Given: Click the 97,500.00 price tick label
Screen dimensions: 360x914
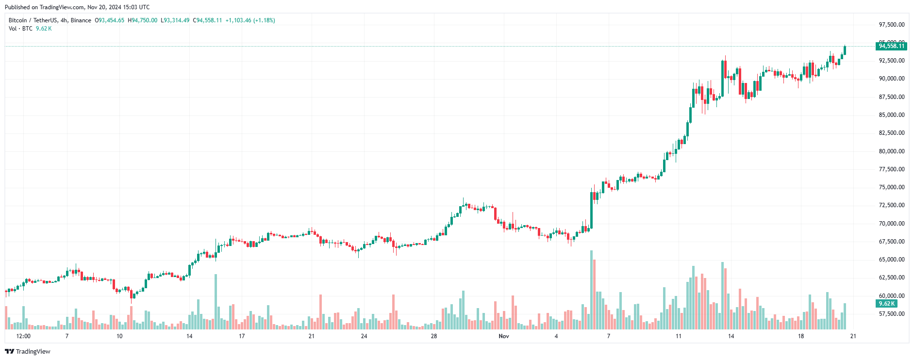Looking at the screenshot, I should [892, 25].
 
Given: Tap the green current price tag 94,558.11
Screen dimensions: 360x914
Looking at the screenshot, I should [892, 46].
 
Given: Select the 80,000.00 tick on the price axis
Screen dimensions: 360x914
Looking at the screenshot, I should [892, 151].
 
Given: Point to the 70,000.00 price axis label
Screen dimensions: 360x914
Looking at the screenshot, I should [892, 224].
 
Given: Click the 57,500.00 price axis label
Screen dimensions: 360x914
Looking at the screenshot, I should [892, 314].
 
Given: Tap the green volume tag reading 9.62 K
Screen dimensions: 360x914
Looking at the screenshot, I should [886, 304].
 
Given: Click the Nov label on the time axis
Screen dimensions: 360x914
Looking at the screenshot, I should [504, 336].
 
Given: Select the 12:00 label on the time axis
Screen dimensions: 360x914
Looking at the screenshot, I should [23, 336].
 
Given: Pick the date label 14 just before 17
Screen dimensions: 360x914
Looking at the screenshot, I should [189, 336].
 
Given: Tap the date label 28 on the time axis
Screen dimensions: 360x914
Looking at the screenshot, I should [434, 336].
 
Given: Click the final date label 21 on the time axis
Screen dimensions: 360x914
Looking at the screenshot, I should [853, 336].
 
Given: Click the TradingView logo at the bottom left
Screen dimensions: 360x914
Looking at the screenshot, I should [28, 352].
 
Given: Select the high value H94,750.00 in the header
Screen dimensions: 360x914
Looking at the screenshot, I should [143, 20].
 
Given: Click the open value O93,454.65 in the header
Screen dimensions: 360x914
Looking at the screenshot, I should [110, 20].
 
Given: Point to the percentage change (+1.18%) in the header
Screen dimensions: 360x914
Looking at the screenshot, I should [264, 20].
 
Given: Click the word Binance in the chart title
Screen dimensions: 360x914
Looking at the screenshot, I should [81, 20].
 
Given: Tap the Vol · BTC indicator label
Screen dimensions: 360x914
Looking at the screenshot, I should [20, 29].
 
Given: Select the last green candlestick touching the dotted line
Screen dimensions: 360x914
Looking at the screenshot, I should [845, 50].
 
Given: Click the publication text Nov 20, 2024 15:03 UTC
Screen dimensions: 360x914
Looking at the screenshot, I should [118, 7].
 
